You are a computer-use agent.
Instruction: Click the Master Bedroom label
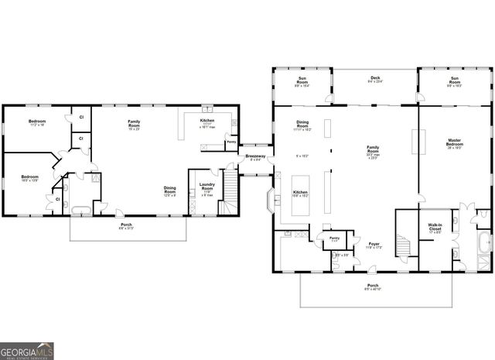tap(454, 142)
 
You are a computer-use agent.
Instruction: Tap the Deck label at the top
tap(375, 78)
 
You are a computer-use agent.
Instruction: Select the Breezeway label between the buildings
tap(255, 157)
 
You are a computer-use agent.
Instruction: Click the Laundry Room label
tap(207, 186)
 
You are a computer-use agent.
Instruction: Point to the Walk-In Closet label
tap(434, 228)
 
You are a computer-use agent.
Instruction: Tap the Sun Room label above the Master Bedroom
tap(454, 82)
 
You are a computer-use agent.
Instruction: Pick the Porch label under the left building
tap(125, 225)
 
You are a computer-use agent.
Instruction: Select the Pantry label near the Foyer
tap(334, 238)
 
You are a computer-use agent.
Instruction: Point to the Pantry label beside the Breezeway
tap(231, 142)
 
